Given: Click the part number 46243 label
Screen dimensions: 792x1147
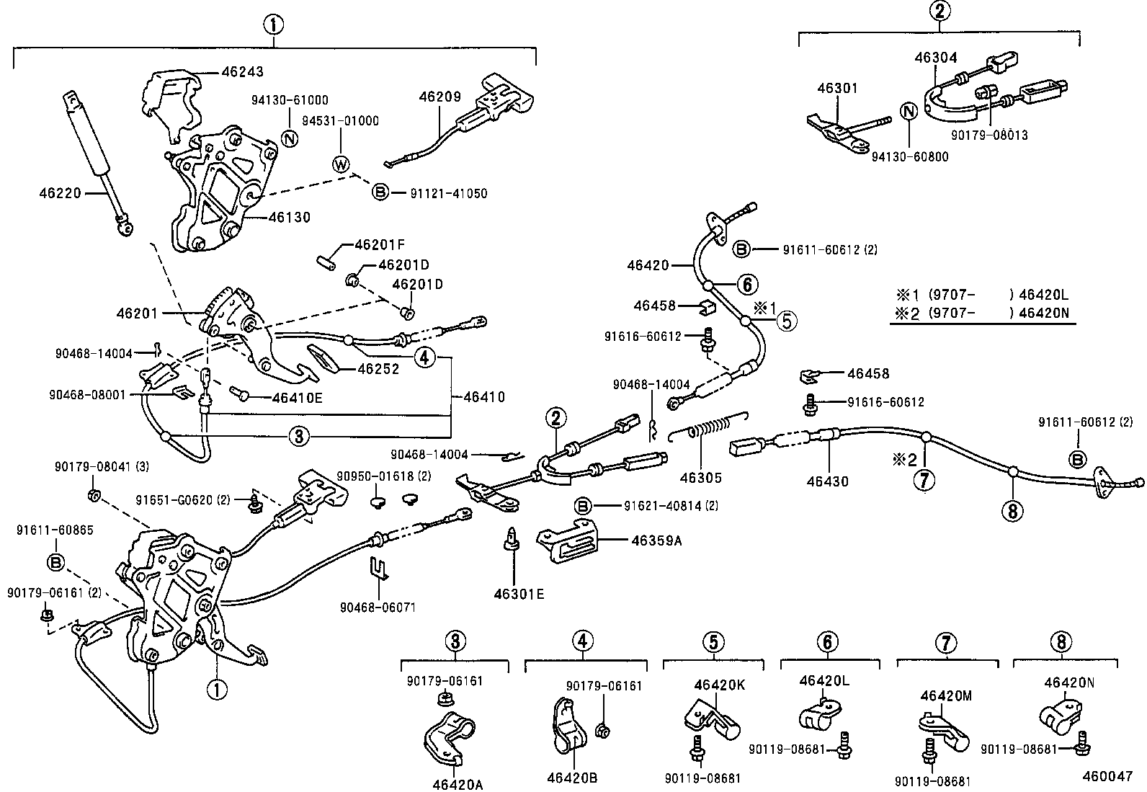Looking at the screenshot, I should tap(242, 71).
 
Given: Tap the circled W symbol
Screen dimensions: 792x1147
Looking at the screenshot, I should tap(341, 164).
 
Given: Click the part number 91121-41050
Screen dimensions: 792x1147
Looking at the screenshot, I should tap(448, 193).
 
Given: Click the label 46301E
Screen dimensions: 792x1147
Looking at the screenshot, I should tap(519, 594).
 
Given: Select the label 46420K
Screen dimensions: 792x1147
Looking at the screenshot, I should tap(720, 685).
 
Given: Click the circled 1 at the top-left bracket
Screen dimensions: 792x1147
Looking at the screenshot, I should tap(273, 25).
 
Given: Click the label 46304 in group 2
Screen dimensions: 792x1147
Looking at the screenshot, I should tap(935, 58).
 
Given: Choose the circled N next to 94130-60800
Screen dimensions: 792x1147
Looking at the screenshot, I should tap(909, 111).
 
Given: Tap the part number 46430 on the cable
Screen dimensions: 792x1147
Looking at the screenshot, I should tap(829, 481).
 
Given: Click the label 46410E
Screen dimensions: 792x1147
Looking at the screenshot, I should tap(298, 396).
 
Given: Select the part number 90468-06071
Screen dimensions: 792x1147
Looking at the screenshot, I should tap(378, 608).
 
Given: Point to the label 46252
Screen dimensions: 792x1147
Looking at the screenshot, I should tap(378, 368).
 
